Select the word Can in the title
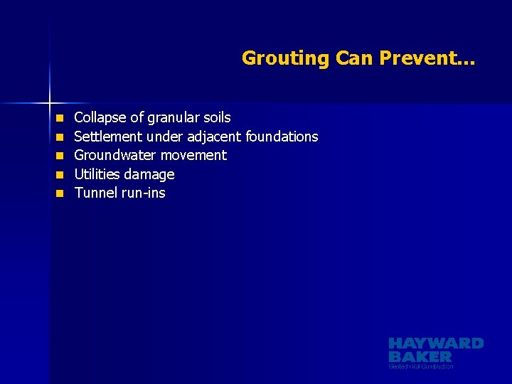(x=354, y=58)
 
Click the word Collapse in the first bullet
(x=101, y=117)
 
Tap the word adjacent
(x=214, y=136)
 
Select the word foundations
(x=282, y=136)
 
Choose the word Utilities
(x=97, y=174)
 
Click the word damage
(x=149, y=174)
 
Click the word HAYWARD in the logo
(x=436, y=343)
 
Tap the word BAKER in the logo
(x=420, y=356)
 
